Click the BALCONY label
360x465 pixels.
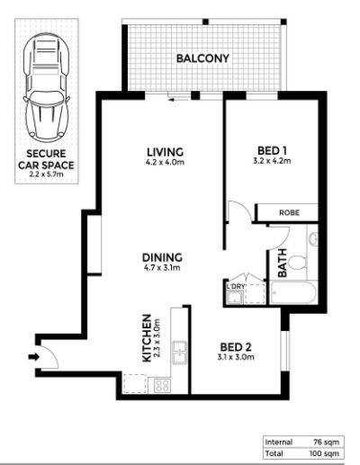point(202,58)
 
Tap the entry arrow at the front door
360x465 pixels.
point(33,357)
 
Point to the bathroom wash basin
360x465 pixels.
point(313,239)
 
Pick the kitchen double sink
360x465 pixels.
point(179,353)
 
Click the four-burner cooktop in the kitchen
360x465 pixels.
point(162,386)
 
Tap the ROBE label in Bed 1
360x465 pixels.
point(289,212)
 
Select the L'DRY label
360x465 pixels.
point(236,286)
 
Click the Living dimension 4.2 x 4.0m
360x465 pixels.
point(165,163)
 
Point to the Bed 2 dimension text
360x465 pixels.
point(236,357)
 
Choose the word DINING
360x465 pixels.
point(162,257)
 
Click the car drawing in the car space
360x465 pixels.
point(47,87)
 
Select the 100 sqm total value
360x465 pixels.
point(324,453)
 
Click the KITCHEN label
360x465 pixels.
point(147,338)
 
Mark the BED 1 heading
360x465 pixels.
point(273,150)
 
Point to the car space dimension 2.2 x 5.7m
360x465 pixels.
point(47,174)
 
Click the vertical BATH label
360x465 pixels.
point(283,263)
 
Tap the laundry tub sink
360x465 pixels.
point(234,298)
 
